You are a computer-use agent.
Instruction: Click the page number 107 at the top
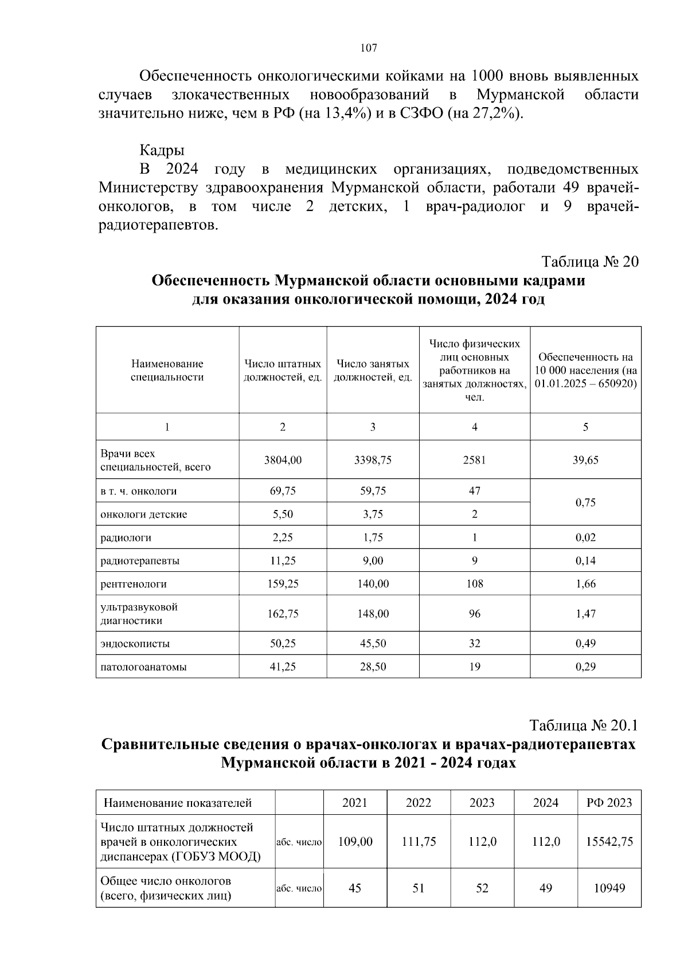pyautogui.click(x=369, y=48)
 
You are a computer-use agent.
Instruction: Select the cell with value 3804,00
pyautogui.click(x=283, y=460)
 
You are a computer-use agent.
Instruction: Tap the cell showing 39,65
pyautogui.click(x=585, y=460)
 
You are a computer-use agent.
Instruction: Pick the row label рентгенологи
pyautogui.click(x=134, y=584)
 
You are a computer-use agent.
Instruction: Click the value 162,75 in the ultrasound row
pyautogui.click(x=283, y=614)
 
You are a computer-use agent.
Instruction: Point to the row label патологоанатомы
pyautogui.click(x=143, y=666)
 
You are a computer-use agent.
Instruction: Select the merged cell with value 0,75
pyautogui.click(x=585, y=503)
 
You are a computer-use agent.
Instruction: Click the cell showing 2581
pyautogui.click(x=474, y=460)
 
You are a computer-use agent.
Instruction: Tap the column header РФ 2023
pyautogui.click(x=609, y=803)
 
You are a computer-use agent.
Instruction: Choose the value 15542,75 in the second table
pyautogui.click(x=609, y=841)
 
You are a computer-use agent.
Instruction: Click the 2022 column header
pyautogui.click(x=419, y=803)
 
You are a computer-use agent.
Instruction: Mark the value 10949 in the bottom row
pyautogui.click(x=609, y=888)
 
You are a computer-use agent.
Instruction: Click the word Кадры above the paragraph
pyautogui.click(x=162, y=151)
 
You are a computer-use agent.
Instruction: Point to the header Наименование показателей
pyautogui.click(x=178, y=803)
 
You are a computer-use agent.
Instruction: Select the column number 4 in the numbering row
pyautogui.click(x=474, y=427)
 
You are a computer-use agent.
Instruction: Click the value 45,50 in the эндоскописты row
pyautogui.click(x=373, y=644)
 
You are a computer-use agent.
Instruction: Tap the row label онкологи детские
pyautogui.click(x=143, y=515)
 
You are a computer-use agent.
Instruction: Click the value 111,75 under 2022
pyautogui.click(x=419, y=841)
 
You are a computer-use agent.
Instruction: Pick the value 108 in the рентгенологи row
pyautogui.click(x=474, y=584)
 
